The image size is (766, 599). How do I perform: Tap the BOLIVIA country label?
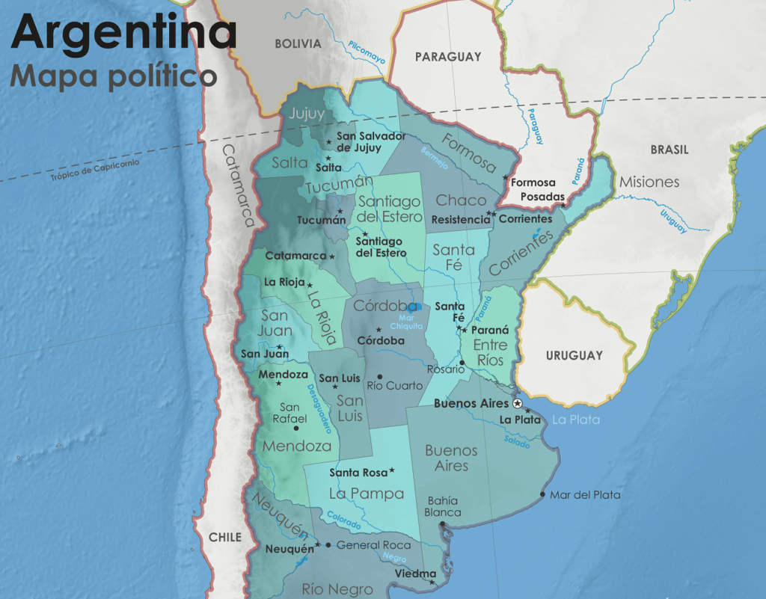click(298, 44)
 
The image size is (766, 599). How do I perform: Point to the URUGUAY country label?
click(574, 355)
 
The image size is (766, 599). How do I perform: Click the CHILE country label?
click(225, 537)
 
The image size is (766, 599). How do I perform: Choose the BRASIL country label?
click(669, 150)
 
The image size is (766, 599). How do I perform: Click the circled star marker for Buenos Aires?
click(518, 403)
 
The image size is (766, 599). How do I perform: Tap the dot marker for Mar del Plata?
click(543, 494)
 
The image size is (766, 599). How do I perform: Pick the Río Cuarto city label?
click(394, 386)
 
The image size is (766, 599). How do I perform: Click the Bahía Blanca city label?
click(443, 506)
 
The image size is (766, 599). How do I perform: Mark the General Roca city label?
click(373, 545)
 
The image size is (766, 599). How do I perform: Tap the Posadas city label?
click(543, 196)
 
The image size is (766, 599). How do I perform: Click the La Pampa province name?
click(367, 494)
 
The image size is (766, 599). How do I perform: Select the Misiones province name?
click(649, 182)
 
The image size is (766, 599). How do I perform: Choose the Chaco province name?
click(461, 200)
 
